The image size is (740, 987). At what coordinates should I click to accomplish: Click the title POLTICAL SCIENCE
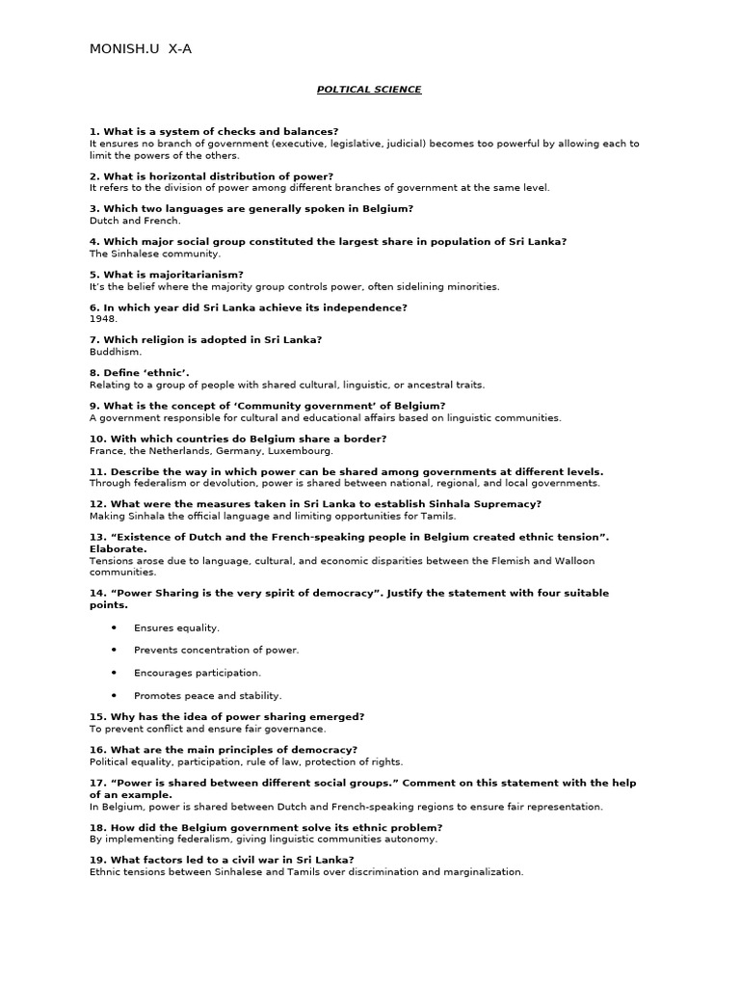tap(369, 90)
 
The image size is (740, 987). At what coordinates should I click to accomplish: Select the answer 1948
tap(103, 319)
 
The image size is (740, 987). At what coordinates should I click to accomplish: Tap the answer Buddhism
tap(115, 352)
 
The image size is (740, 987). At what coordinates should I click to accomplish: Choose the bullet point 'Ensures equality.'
tap(176, 627)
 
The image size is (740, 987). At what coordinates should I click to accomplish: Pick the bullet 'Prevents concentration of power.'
tap(216, 650)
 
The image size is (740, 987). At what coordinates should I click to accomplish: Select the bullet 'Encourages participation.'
tap(198, 673)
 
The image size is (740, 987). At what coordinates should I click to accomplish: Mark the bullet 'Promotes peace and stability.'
tap(207, 695)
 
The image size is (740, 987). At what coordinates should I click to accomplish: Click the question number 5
tap(93, 275)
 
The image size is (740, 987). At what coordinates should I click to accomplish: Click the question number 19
tap(97, 860)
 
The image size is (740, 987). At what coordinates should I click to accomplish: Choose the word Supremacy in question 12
tap(506, 504)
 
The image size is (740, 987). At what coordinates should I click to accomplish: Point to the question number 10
tap(97, 439)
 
